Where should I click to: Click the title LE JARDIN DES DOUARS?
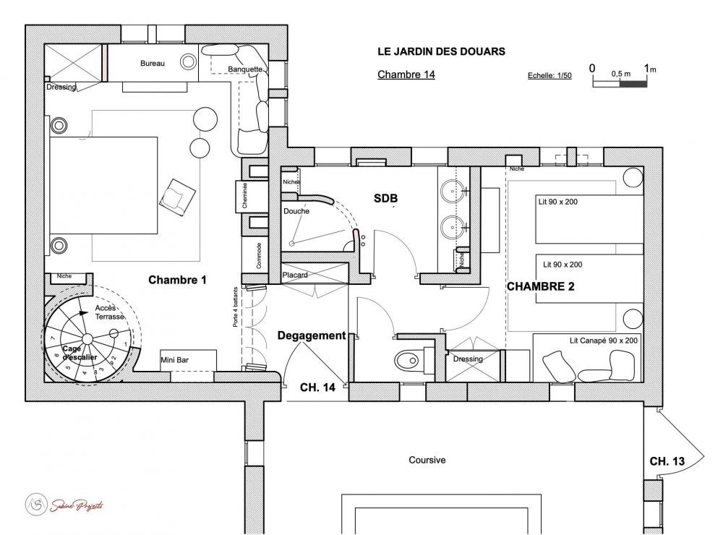pyautogui.click(x=441, y=52)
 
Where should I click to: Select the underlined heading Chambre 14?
pyautogui.click(x=406, y=74)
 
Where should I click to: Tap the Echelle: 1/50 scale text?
pyautogui.click(x=550, y=76)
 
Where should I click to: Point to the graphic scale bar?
pyautogui.click(x=620, y=84)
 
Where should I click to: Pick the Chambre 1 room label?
pyautogui.click(x=177, y=279)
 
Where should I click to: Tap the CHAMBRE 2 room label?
pyautogui.click(x=540, y=286)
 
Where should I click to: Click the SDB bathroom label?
pyautogui.click(x=386, y=197)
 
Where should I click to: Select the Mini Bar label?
pyautogui.click(x=174, y=359)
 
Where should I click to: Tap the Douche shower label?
pyautogui.click(x=296, y=211)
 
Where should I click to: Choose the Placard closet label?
pyautogui.click(x=295, y=275)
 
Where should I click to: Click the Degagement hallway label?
pyautogui.click(x=311, y=335)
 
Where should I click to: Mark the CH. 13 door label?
pyautogui.click(x=667, y=461)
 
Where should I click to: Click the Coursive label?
pyautogui.click(x=427, y=460)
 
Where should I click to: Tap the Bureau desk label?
pyautogui.click(x=153, y=64)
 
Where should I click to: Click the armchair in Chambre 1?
pyautogui.click(x=178, y=195)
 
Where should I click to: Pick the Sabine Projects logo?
pyautogui.click(x=64, y=504)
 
